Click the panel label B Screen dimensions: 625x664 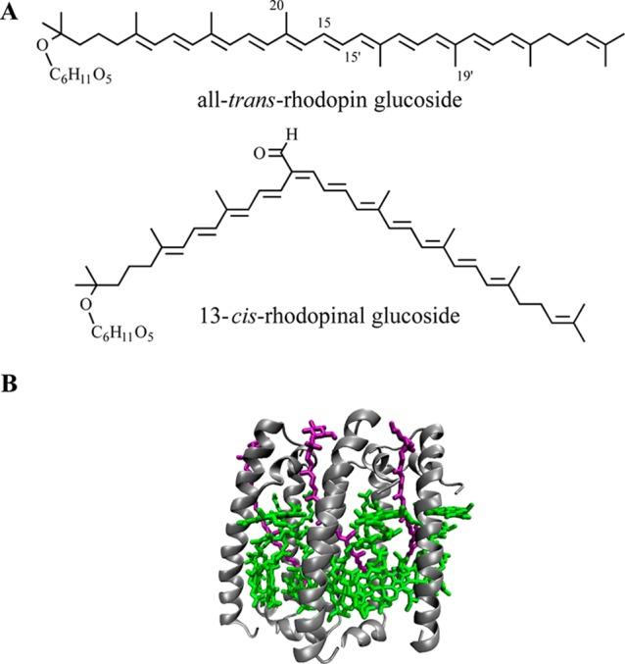[x=11, y=383]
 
